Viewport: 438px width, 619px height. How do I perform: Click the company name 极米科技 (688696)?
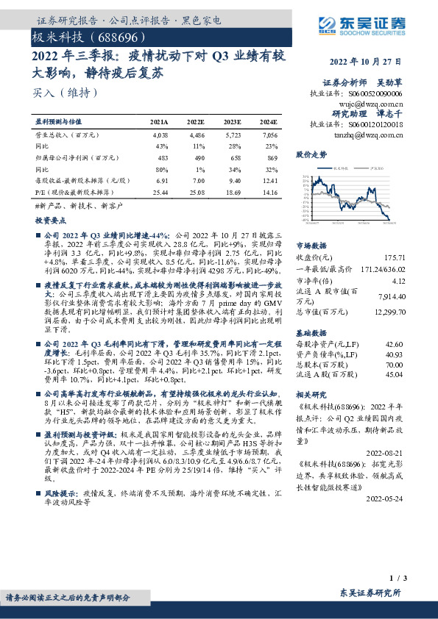click(82, 37)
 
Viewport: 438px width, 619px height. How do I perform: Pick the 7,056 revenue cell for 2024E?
click(269, 136)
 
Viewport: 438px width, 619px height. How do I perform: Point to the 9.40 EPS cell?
click(233, 180)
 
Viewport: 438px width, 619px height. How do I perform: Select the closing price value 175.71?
click(395, 257)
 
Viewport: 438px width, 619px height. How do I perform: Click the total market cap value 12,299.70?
click(387, 313)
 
